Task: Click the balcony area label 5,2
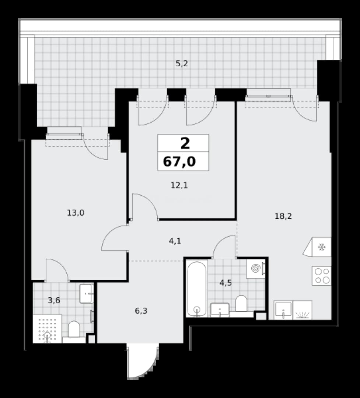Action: click(x=182, y=64)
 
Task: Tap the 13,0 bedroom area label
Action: click(x=76, y=213)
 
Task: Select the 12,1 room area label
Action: click(x=179, y=185)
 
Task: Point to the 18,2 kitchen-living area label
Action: click(x=283, y=216)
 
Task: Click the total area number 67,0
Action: click(x=179, y=161)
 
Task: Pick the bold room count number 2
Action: click(x=185, y=143)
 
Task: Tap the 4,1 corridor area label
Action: click(x=175, y=241)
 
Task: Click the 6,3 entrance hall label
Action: click(x=141, y=311)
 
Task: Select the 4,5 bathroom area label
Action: click(x=226, y=283)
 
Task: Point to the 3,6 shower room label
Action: click(x=54, y=300)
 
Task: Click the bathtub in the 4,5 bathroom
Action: click(x=197, y=288)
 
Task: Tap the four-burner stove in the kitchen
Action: click(x=322, y=276)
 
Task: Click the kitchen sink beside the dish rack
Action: click(x=283, y=310)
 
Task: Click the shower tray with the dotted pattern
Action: click(x=48, y=329)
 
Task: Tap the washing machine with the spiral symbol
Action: click(x=256, y=269)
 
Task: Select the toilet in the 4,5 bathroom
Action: click(x=241, y=306)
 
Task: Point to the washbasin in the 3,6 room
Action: click(x=86, y=294)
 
